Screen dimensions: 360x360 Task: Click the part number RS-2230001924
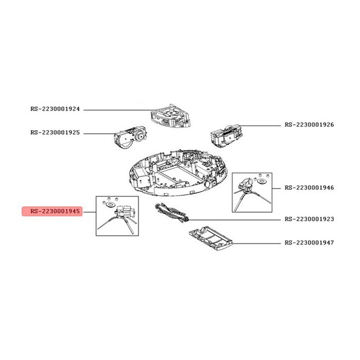[x=55, y=109]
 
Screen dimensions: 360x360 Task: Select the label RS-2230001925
[x=55, y=133]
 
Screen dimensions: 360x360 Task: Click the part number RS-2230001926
[x=309, y=124]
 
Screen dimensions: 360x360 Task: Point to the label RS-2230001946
[x=309, y=188]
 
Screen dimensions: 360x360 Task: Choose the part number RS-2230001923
[x=309, y=219]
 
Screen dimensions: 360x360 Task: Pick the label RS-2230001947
[x=309, y=243]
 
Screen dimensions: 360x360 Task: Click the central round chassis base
[x=178, y=173]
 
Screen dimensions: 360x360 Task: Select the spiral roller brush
[x=172, y=213]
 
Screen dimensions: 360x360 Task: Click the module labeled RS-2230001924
[x=170, y=116]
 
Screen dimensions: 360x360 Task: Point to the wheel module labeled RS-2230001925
[x=130, y=138]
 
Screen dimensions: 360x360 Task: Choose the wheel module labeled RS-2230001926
[x=226, y=135]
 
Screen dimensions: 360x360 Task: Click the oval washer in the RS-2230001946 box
[x=261, y=181]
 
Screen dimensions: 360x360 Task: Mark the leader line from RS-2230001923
[x=235, y=220]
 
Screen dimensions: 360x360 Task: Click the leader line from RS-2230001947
[x=257, y=243]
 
